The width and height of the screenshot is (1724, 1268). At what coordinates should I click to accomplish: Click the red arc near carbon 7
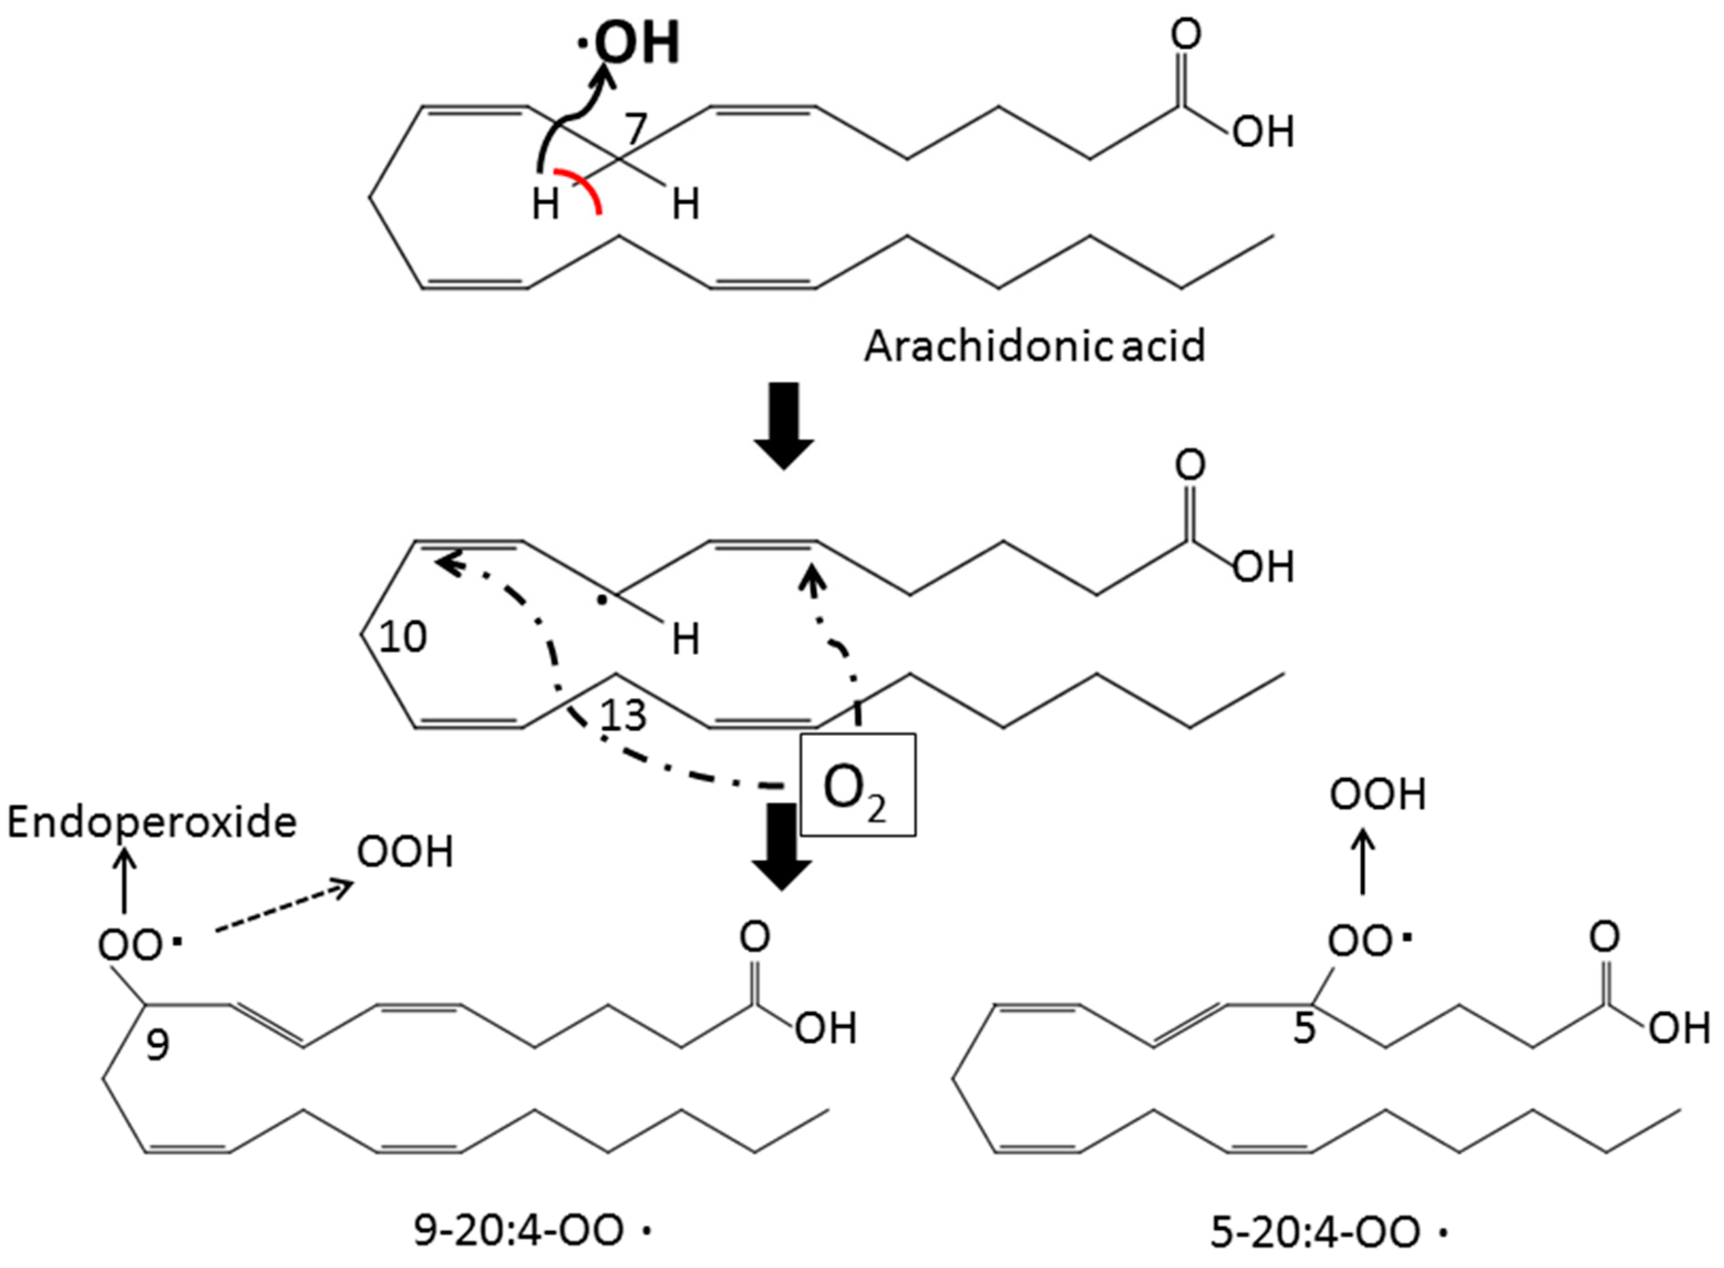585,188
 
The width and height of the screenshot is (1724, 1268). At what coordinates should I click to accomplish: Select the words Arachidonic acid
1035,346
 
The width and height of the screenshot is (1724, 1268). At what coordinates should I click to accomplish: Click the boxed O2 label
858,784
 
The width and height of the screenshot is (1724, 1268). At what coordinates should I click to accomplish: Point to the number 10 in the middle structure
403,637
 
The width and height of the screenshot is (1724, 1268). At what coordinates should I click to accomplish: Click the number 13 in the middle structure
623,716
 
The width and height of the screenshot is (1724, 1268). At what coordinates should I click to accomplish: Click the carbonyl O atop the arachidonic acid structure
1185,35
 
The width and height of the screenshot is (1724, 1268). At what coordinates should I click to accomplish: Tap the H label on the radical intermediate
685,639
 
